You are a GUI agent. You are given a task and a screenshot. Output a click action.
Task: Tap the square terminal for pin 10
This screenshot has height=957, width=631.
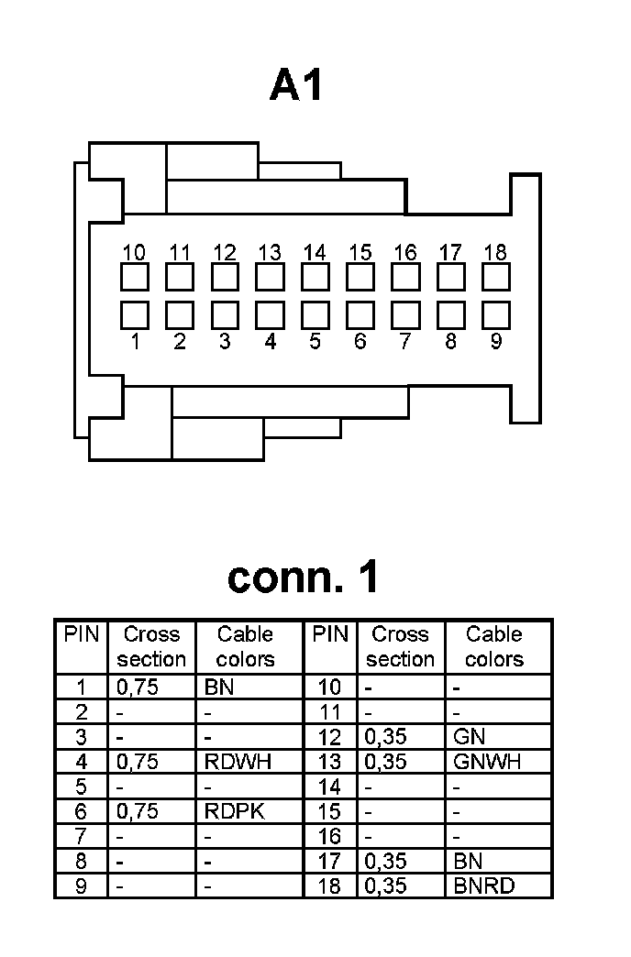tap(135, 277)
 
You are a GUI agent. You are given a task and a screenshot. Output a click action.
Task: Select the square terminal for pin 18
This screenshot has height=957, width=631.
tap(496, 277)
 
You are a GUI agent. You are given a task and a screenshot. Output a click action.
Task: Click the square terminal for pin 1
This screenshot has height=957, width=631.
tap(135, 314)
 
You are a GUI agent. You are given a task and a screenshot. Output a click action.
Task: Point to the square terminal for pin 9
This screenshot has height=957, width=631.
tap(496, 314)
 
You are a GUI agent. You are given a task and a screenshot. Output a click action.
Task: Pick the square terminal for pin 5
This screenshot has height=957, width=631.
tap(315, 314)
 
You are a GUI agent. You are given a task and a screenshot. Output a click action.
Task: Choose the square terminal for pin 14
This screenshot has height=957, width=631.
tap(315, 277)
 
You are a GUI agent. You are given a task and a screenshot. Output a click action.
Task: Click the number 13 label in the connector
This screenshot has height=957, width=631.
tap(270, 252)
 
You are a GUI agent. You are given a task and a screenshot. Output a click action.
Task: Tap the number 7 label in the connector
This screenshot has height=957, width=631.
tap(405, 342)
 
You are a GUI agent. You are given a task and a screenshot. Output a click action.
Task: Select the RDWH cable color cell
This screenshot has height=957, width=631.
tap(238, 762)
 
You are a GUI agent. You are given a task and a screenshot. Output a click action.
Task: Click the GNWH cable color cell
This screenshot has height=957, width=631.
tap(487, 762)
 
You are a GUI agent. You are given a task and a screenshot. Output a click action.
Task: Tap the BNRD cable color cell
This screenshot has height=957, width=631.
tap(484, 886)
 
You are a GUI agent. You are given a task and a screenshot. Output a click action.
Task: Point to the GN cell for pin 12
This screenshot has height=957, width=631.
tap(470, 737)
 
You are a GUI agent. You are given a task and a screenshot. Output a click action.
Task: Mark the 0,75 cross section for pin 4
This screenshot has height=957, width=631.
tap(138, 762)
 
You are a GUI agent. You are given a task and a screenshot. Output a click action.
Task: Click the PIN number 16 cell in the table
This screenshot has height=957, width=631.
tap(328, 837)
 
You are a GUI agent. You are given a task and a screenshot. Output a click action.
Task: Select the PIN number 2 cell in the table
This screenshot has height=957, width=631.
tap(81, 712)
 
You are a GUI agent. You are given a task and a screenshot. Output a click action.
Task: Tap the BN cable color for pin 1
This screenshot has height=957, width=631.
tap(221, 687)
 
